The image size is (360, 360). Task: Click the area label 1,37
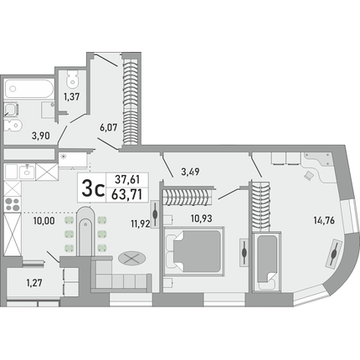(72, 97)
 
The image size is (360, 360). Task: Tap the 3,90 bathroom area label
(41, 136)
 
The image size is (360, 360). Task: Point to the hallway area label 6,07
(109, 128)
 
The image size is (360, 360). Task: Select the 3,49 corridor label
(190, 172)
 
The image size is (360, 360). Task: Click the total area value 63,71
(126, 194)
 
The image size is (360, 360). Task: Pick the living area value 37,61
(127, 179)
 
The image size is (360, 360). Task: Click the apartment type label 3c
(93, 188)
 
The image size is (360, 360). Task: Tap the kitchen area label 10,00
(44, 221)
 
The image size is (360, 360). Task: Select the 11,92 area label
(141, 224)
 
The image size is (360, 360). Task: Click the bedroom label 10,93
(202, 219)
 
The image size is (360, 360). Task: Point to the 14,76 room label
(324, 220)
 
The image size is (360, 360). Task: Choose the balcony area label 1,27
(34, 283)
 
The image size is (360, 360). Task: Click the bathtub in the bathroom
(29, 89)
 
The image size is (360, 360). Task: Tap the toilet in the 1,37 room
(73, 79)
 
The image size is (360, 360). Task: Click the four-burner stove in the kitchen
(13, 204)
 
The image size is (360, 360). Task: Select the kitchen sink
(27, 171)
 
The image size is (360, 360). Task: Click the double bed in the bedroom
(195, 251)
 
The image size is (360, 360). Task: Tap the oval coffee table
(131, 258)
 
